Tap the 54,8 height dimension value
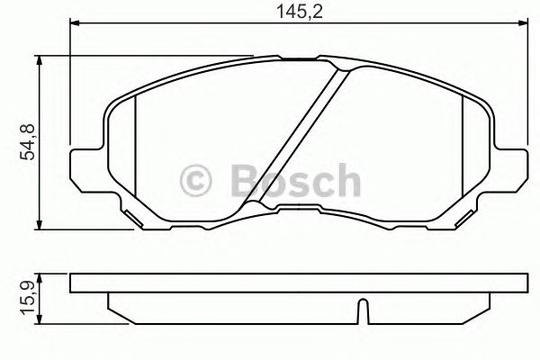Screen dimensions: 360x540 [28, 142]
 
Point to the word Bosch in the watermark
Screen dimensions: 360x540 [293, 181]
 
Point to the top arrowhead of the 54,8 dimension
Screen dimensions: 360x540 [40, 59]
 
